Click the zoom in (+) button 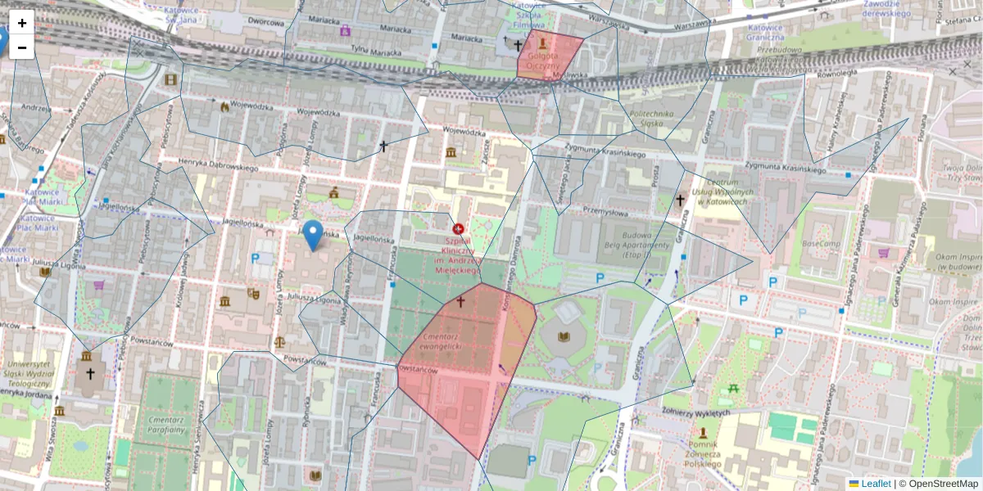click(x=22, y=24)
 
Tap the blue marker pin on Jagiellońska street click(x=312, y=235)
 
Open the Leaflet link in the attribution click(x=875, y=484)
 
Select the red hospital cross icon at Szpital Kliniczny click(x=458, y=230)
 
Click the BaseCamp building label click(x=821, y=244)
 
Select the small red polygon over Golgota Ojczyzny click(x=547, y=56)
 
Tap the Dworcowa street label click(x=265, y=22)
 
